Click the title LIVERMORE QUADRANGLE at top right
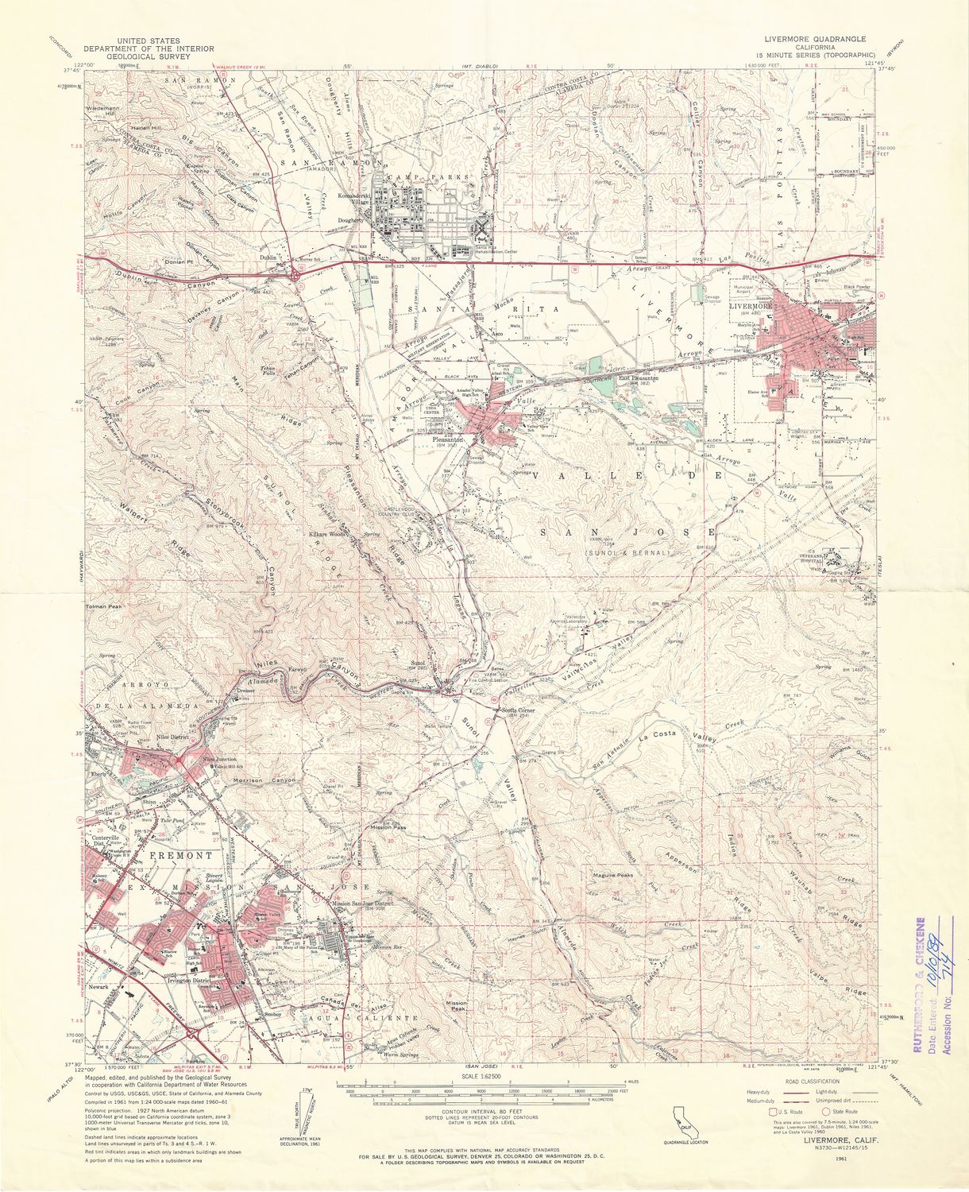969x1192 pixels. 815,38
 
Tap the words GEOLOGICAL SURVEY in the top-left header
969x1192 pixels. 165,56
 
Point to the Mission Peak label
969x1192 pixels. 456,1007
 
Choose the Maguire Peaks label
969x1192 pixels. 612,875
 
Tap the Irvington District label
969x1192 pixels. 205,981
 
